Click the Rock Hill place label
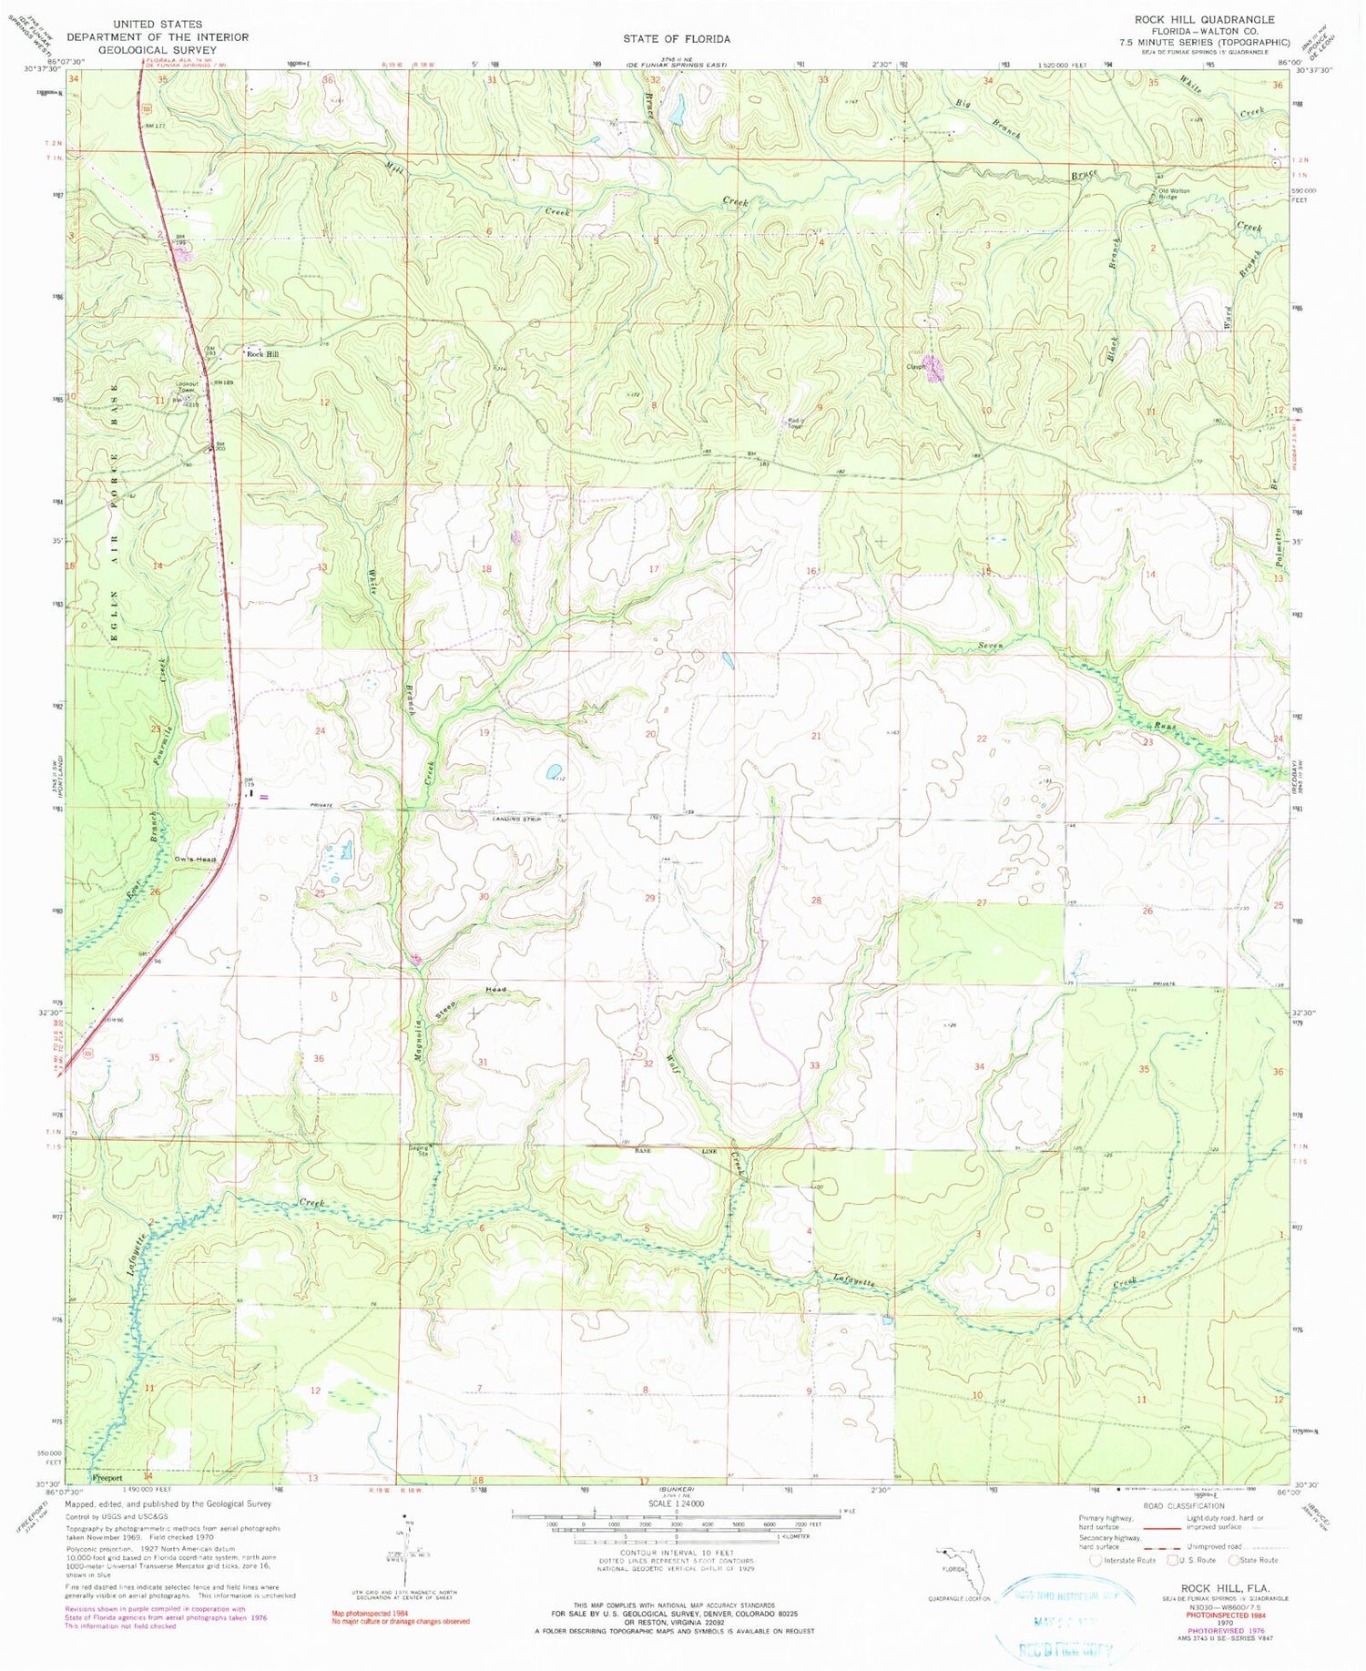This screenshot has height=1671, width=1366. (x=263, y=353)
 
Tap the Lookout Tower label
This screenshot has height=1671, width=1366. (x=186, y=387)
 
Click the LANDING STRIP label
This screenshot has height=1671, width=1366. (x=512, y=819)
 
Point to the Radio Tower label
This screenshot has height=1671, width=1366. (x=795, y=423)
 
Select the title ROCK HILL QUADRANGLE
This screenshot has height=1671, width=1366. (x=1203, y=19)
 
